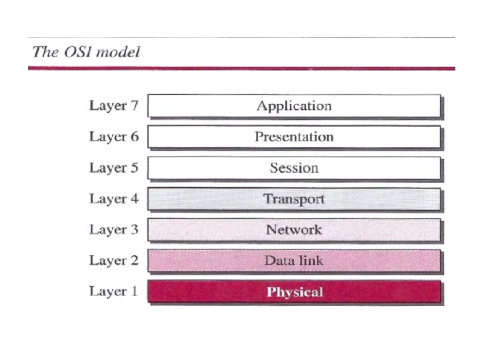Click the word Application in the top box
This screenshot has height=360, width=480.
pyautogui.click(x=294, y=106)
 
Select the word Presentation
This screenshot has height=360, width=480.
pyautogui.click(x=294, y=137)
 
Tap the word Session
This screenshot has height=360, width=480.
pyautogui.click(x=294, y=168)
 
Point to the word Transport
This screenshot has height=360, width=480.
pyautogui.click(x=294, y=199)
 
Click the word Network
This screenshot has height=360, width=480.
pyautogui.click(x=294, y=230)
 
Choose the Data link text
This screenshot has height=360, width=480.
pyautogui.click(x=294, y=261)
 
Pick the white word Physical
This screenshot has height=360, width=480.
pyautogui.click(x=295, y=292)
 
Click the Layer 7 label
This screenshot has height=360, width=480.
pyautogui.click(x=114, y=106)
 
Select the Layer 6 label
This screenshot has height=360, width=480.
pyautogui.click(x=114, y=137)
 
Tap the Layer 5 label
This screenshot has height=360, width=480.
pyautogui.click(x=114, y=168)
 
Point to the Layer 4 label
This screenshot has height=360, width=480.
pyautogui.click(x=114, y=199)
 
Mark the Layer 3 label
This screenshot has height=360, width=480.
pyautogui.click(x=114, y=230)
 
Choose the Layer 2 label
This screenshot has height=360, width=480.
pyautogui.click(x=114, y=261)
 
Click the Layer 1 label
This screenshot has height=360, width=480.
pyautogui.click(x=114, y=291)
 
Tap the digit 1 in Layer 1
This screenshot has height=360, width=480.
pyautogui.click(x=134, y=291)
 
